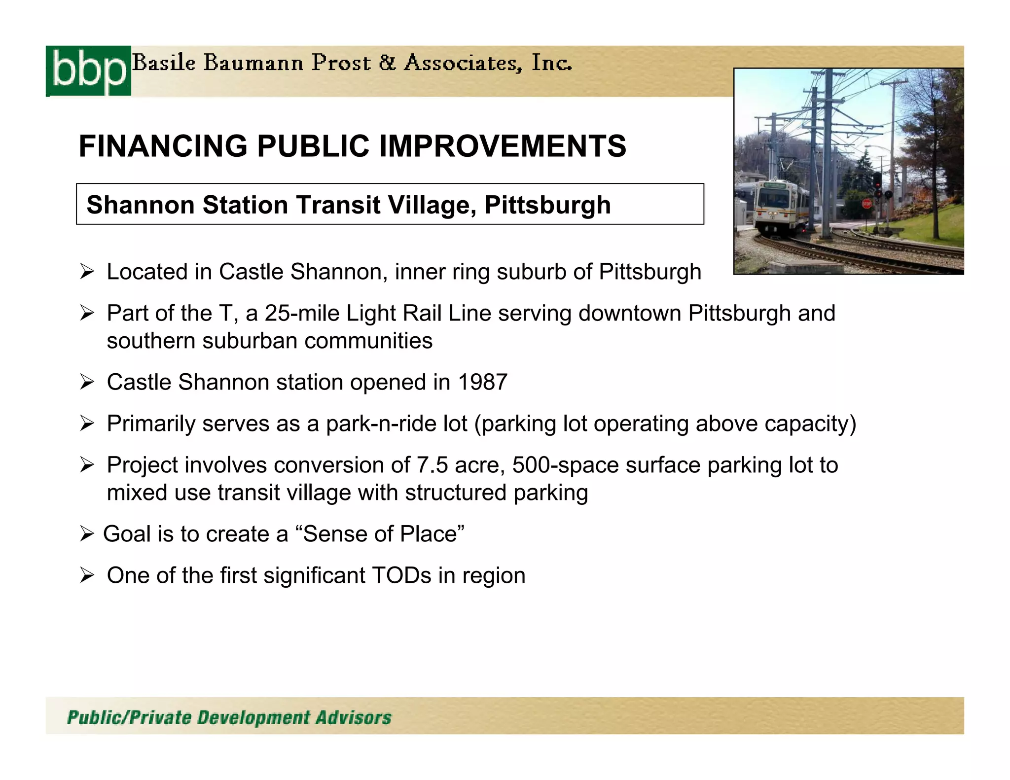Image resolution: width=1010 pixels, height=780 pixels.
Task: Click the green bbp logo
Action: (x=89, y=71)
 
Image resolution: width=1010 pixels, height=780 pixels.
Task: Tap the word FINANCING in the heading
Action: (x=163, y=146)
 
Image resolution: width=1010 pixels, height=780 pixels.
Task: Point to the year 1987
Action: (x=482, y=382)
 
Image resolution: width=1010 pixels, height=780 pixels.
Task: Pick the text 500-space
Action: (x=565, y=465)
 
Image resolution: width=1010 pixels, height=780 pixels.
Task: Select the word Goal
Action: (x=127, y=534)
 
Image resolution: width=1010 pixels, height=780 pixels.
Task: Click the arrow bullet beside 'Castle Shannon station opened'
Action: (x=87, y=382)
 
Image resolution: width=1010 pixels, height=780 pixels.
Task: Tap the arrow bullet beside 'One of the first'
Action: (x=87, y=575)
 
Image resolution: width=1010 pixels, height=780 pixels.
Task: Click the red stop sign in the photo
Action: (x=866, y=203)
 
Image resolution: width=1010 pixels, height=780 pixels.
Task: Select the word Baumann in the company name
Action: (x=253, y=63)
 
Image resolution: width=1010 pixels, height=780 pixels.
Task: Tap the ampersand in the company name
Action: (x=387, y=63)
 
